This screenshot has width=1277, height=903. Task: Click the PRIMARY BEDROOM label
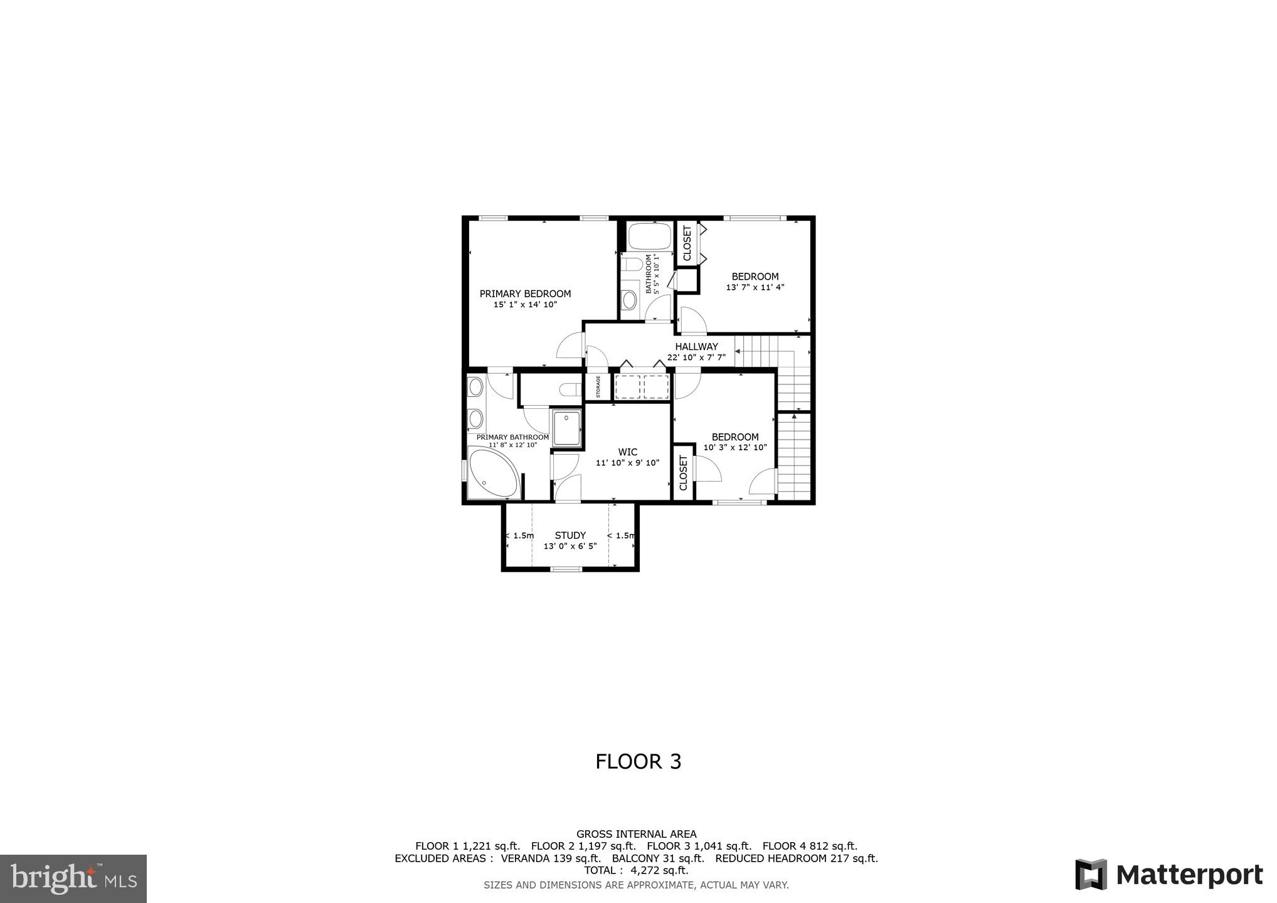[x=525, y=293]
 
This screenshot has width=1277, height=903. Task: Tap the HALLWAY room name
[x=696, y=347]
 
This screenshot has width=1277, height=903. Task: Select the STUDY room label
[x=570, y=536]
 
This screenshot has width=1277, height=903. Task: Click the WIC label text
[x=627, y=452]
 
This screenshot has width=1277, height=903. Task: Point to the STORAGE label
[x=598, y=387]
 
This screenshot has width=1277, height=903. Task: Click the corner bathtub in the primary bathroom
[x=492, y=473]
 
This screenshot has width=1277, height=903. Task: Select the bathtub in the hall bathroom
[x=650, y=237]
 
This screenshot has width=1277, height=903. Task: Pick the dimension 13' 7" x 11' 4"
[x=755, y=288]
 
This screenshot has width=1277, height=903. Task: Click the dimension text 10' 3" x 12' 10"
[x=735, y=448]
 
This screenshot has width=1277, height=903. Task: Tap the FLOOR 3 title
[x=638, y=761]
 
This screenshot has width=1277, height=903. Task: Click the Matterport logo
[x=1168, y=875]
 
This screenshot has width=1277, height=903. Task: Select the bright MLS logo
[x=73, y=878]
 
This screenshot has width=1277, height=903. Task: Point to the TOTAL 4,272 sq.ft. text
[x=636, y=870]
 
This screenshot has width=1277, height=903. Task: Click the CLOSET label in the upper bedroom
[x=687, y=243]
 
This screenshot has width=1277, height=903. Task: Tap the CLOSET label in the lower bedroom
[x=683, y=472]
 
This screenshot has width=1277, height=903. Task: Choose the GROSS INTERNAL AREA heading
[x=636, y=834]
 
